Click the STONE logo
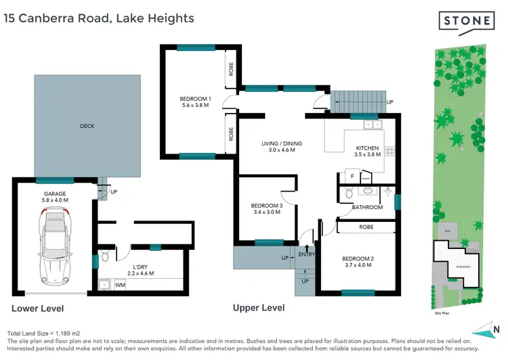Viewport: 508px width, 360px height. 467,21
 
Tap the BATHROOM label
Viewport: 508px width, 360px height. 367,207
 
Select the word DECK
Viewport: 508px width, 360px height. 87,125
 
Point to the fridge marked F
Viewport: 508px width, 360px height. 352,176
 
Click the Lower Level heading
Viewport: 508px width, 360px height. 37,309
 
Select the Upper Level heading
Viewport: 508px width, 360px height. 259,308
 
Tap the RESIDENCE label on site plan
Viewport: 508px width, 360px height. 463,267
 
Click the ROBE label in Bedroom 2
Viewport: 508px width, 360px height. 366,227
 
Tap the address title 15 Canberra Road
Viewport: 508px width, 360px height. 98,19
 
